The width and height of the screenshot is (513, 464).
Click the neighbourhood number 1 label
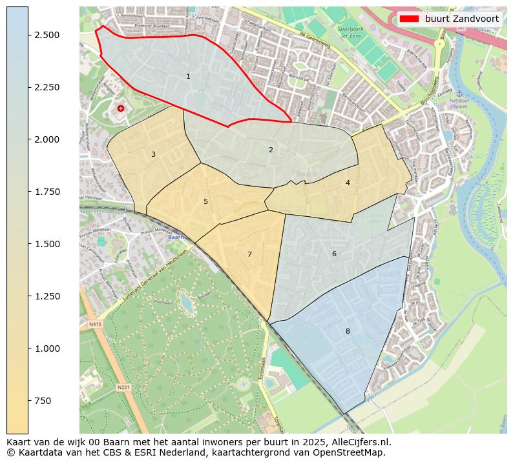[188, 76]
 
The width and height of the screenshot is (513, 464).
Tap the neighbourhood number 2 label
[271, 150]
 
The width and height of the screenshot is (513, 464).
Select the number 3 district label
[153, 154]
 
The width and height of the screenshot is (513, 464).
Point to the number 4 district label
[348, 183]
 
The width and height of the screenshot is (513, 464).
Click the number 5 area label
[205, 201]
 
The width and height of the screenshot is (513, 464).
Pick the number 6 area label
[334, 254]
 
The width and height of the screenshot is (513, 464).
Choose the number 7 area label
[249, 254]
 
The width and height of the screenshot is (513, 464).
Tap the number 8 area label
[348, 331]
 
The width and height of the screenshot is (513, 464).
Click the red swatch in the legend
[410, 19]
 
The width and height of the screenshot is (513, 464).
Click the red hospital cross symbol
[121, 108]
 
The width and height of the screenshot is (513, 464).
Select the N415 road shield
[96, 324]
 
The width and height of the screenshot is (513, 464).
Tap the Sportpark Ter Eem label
[351, 32]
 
